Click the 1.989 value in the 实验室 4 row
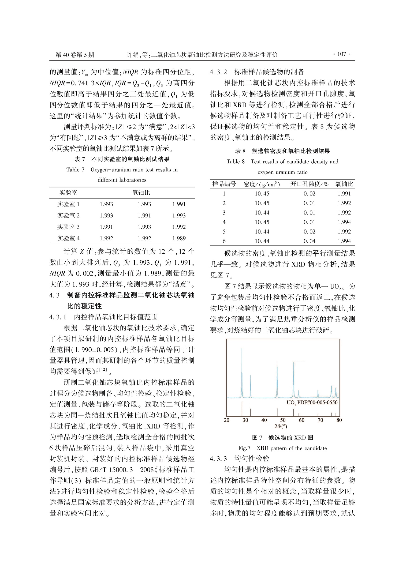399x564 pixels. click(179, 238)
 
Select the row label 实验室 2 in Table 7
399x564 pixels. click(68, 216)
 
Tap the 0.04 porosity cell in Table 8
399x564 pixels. click(309, 241)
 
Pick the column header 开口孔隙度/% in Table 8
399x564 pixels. click(309, 184)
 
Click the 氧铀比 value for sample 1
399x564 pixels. click(344, 194)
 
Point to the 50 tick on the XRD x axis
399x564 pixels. click(283, 420)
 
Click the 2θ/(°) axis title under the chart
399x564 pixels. click(281, 426)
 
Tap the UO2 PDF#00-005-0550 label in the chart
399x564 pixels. click(312, 403)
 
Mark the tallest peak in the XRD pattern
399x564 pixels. click(242, 349)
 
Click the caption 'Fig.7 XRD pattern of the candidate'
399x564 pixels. click(282, 448)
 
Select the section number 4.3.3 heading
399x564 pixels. click(218, 458)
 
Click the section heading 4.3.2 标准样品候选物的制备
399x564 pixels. click(257, 72)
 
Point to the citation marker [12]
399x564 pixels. click(103, 370)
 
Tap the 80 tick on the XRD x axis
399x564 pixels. click(339, 420)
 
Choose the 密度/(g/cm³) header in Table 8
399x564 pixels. click(262, 184)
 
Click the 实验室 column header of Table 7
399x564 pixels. click(68, 193)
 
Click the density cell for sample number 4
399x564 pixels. click(262, 222)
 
